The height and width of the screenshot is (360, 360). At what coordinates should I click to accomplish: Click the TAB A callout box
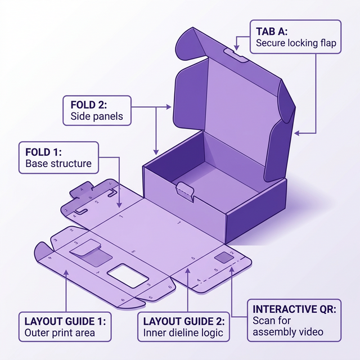(x=295, y=37)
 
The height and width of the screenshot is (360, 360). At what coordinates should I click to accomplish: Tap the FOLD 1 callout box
(x=58, y=157)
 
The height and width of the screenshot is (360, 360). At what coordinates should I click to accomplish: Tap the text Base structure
(x=58, y=164)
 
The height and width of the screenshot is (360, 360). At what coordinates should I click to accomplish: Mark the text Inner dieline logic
(x=183, y=332)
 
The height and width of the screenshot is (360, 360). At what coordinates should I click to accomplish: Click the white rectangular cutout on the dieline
(x=128, y=275)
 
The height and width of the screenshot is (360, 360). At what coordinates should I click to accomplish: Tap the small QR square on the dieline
(x=223, y=257)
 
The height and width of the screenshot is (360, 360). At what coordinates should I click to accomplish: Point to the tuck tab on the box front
(x=186, y=191)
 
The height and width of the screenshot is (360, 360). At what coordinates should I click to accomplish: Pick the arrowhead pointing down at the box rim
(x=156, y=152)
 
